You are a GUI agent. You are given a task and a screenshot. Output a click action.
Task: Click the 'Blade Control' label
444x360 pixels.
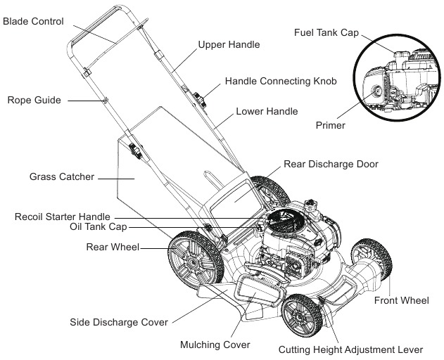coord(34,21)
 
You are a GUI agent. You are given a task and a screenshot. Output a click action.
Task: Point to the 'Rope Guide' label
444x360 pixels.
coord(34,101)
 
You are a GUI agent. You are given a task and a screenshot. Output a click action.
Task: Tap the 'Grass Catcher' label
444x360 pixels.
coord(62,177)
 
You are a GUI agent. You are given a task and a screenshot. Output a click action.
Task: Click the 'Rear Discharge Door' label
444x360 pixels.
coord(331,164)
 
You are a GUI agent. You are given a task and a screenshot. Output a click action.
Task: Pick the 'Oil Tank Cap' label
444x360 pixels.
coord(98,227)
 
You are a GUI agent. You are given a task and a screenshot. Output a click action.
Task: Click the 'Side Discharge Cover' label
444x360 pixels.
coord(119,323)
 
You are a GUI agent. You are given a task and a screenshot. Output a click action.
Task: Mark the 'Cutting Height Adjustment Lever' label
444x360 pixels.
coord(350,349)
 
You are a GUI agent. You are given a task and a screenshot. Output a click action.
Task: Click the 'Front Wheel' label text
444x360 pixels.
coord(401,301)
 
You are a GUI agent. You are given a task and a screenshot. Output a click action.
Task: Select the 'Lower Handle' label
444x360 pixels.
coord(267,111)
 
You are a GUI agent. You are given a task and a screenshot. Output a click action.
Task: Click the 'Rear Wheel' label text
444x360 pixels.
coord(112,247)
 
